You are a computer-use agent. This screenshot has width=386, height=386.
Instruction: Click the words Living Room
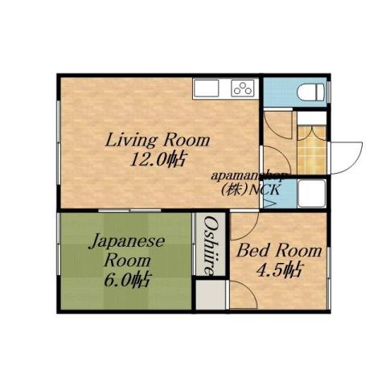[158, 140]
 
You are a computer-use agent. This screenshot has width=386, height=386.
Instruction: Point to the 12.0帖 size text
[158, 159]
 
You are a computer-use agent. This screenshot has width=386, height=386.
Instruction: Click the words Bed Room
[278, 251]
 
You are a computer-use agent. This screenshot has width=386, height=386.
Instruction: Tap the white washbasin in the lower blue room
[310, 194]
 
